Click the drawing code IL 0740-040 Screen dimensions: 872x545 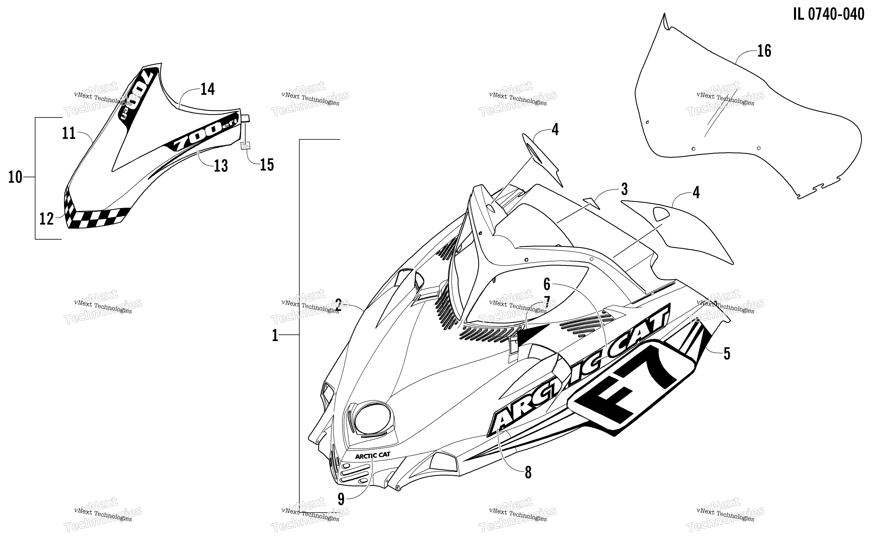point(828,14)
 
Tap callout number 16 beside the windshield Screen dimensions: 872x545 point(764,51)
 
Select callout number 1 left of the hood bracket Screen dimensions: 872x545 point(275,335)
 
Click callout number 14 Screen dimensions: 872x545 point(208,89)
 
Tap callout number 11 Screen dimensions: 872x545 point(69,133)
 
